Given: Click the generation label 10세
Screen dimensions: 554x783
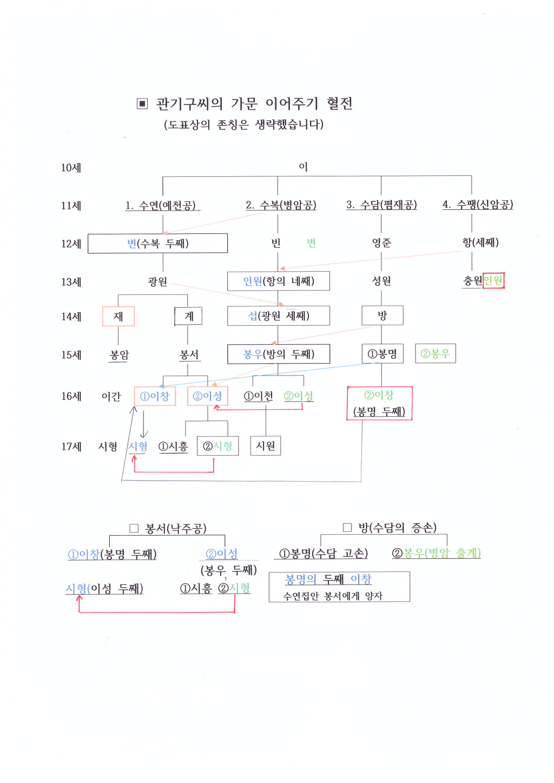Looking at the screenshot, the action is [x=71, y=168].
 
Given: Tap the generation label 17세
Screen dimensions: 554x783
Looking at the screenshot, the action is [x=71, y=446].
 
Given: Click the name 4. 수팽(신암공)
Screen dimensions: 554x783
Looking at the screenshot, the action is [x=478, y=204].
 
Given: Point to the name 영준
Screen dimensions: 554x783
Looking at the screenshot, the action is [x=381, y=242].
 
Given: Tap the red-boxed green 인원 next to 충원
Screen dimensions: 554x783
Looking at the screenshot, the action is [x=493, y=280].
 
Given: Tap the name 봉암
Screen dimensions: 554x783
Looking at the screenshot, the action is [x=119, y=355].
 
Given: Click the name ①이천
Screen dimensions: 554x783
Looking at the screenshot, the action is [x=258, y=396].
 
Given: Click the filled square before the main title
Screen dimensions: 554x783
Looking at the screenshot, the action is [x=142, y=104].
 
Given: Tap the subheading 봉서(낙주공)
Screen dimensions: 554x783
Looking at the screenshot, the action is [x=176, y=528].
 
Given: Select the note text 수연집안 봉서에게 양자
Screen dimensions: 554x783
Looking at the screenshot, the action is [x=333, y=596].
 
